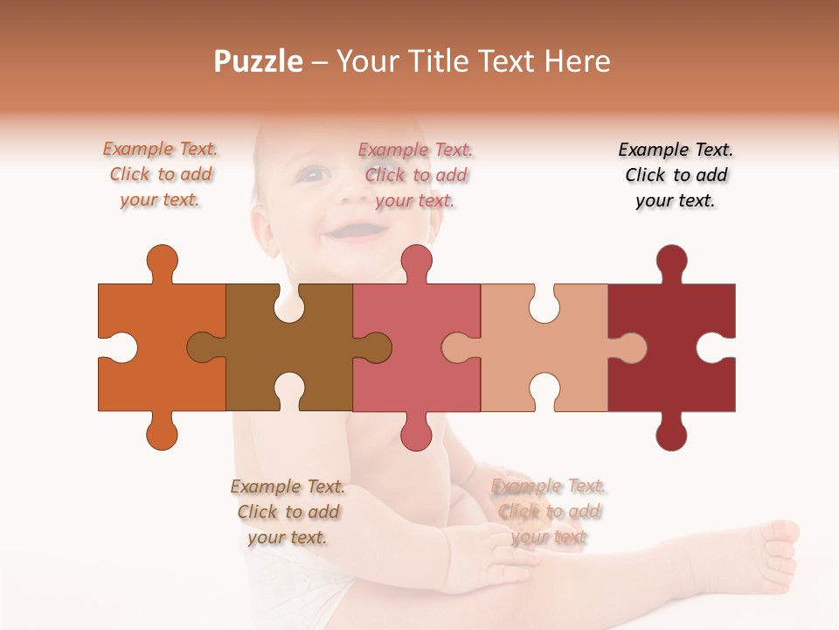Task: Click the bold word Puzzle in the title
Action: [259, 61]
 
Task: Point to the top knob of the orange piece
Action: [162, 262]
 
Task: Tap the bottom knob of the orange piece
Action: [162, 431]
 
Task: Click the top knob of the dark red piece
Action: [671, 262]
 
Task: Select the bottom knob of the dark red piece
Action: [671, 431]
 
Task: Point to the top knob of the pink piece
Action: [417, 262]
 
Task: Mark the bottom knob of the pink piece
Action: [417, 431]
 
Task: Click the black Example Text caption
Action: [676, 175]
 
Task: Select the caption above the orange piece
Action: [161, 175]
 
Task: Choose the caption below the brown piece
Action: [288, 512]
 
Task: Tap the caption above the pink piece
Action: [416, 175]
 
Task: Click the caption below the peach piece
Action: [549, 512]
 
